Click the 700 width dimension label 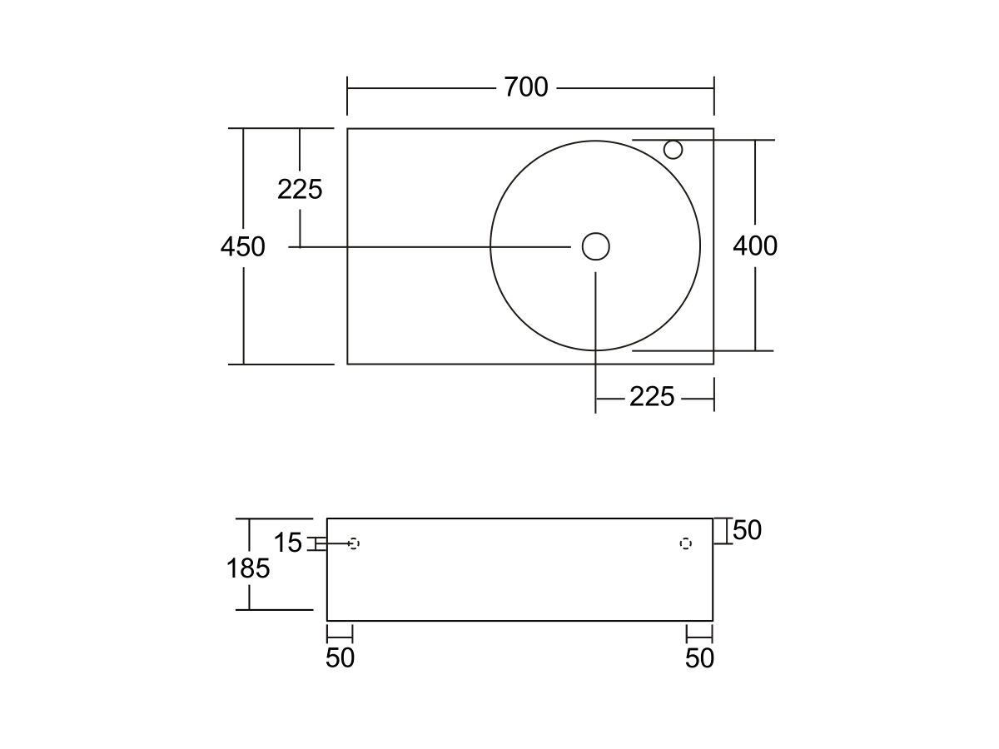click(525, 87)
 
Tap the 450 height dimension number click(242, 247)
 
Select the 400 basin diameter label click(755, 246)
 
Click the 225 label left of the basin click(300, 189)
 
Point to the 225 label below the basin click(652, 397)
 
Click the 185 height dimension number click(248, 568)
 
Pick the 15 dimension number click(288, 543)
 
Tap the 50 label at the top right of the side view click(747, 530)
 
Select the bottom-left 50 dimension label click(340, 657)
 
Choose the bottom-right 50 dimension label click(699, 657)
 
